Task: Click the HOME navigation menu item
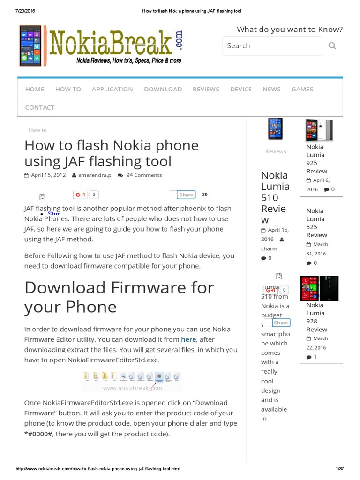point(35,89)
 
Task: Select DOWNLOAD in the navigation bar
point(163,89)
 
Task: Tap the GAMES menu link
point(302,89)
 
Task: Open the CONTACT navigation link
point(40,107)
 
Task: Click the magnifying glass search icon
point(332,45)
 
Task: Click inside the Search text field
point(272,45)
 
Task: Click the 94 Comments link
point(144,175)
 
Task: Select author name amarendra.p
point(95,175)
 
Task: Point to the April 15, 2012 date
point(48,175)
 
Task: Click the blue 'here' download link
point(188,339)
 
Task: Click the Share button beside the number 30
point(186,195)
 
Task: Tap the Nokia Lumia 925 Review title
point(317,159)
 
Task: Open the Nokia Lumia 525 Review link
point(317,223)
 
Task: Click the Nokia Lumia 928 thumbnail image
point(319,288)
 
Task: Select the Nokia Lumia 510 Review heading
point(275,197)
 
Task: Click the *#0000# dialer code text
point(39,434)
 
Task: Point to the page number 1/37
point(340,469)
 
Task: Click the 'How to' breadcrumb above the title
point(37,130)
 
